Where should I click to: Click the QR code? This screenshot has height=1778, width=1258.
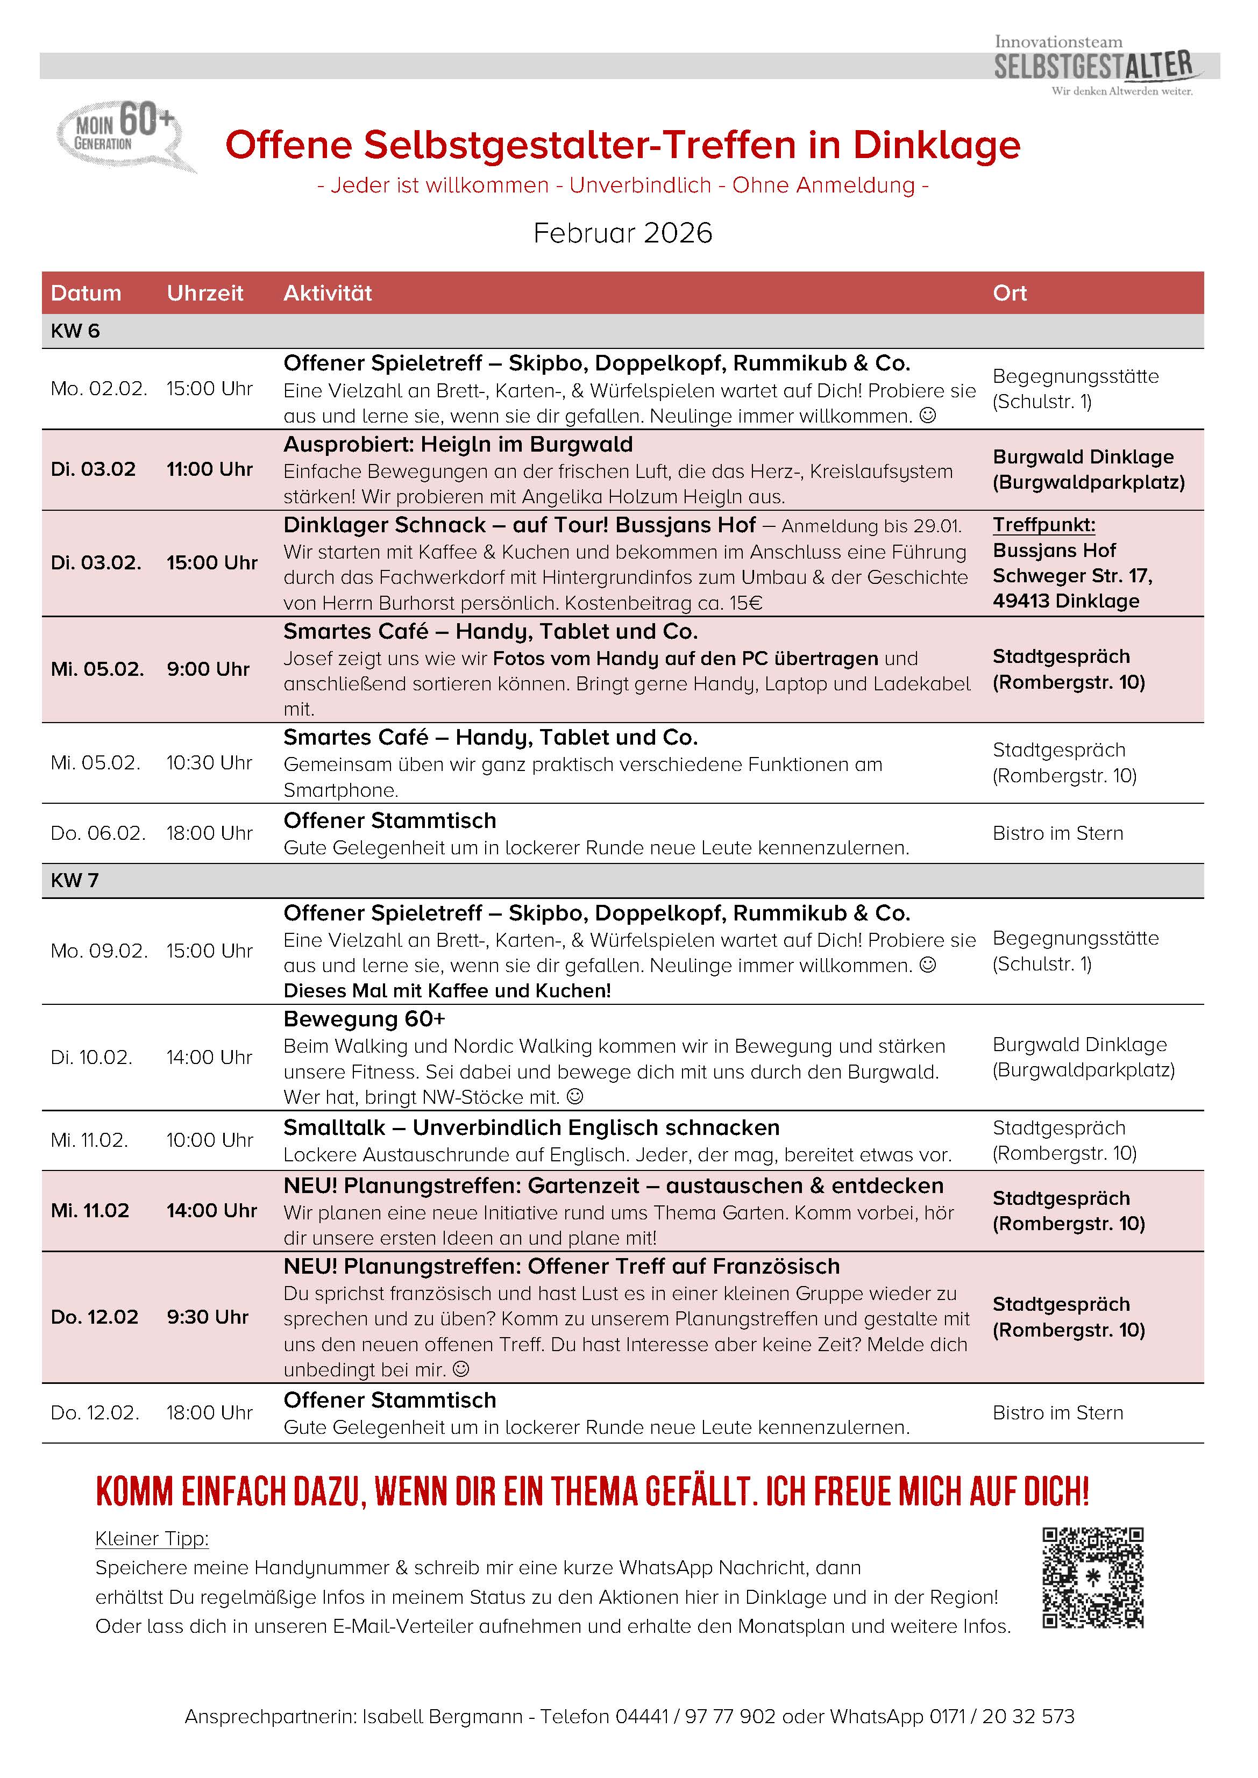pos(1092,1577)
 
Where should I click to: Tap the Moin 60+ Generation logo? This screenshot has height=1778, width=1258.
pos(124,133)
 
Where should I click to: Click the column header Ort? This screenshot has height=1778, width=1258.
pos(1010,292)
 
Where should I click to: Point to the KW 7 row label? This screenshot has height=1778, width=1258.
pos(74,881)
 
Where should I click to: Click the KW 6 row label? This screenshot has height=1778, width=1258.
pos(74,331)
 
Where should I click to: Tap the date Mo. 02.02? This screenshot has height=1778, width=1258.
pos(98,389)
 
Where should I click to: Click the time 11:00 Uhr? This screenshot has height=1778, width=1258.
pos(209,469)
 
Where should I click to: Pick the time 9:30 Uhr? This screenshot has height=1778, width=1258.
pos(207,1317)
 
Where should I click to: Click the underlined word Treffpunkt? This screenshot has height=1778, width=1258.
pos(1043,525)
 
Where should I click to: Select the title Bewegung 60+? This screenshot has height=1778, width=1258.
pos(364,1019)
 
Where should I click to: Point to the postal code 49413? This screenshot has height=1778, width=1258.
pos(1021,602)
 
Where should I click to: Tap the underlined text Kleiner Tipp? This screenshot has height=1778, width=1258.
pos(152,1539)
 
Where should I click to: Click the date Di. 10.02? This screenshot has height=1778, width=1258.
pos(91,1058)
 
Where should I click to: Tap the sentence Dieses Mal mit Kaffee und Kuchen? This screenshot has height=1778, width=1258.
pos(447,991)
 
